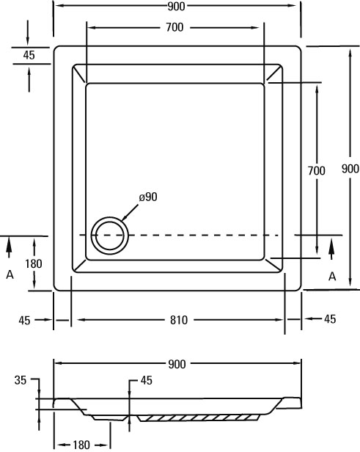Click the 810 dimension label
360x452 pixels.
[x=179, y=320]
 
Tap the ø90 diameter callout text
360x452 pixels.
[x=148, y=197]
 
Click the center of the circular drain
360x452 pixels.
[x=110, y=236]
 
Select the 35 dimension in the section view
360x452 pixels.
[x=21, y=380]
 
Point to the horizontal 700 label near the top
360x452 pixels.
[x=175, y=27]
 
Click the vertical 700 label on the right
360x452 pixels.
[x=316, y=171]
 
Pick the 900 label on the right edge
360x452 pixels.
[x=350, y=169]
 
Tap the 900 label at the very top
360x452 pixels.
[x=176, y=7]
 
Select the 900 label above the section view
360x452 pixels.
[x=177, y=365]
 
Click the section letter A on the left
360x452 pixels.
[x=10, y=274]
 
